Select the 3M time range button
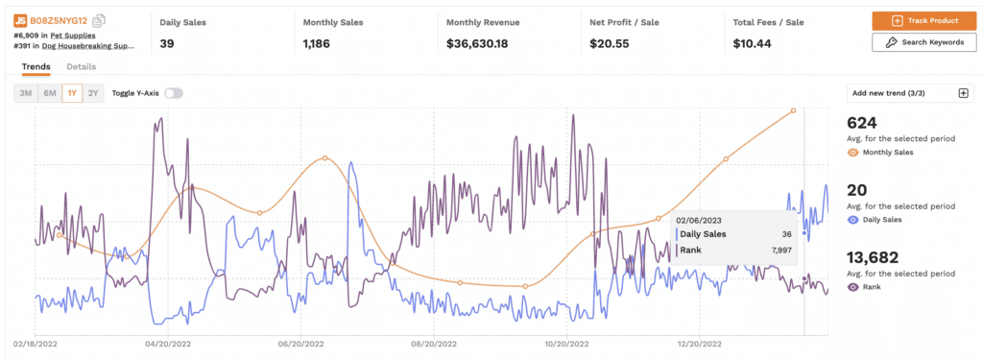[x=26, y=93]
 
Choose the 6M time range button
[x=49, y=93]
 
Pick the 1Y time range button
[x=72, y=93]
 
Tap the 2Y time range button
[x=93, y=93]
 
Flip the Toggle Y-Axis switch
[x=173, y=93]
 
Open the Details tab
[x=81, y=66]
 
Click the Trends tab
[x=36, y=66]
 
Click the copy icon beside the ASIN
[x=100, y=20]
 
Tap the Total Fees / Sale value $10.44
[x=755, y=43]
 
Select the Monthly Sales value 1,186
[x=324, y=43]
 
